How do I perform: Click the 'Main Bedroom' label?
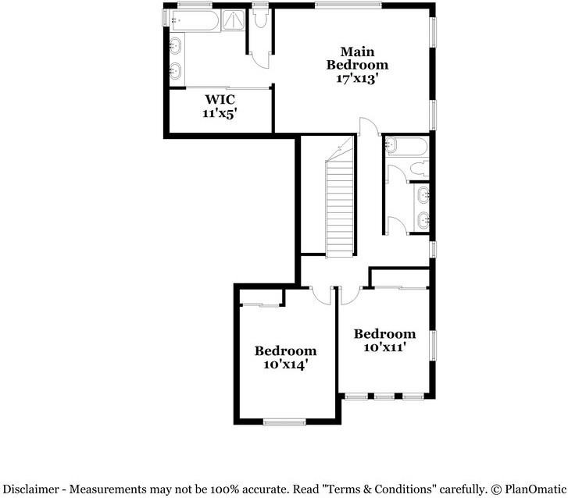(357, 58)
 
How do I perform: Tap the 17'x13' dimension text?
(357, 78)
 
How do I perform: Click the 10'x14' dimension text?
(285, 364)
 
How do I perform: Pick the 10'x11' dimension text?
(384, 347)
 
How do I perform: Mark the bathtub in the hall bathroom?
(406, 146)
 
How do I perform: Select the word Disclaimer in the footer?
(28, 489)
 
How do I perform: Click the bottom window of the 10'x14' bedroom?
(284, 422)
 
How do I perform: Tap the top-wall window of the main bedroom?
(348, 5)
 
